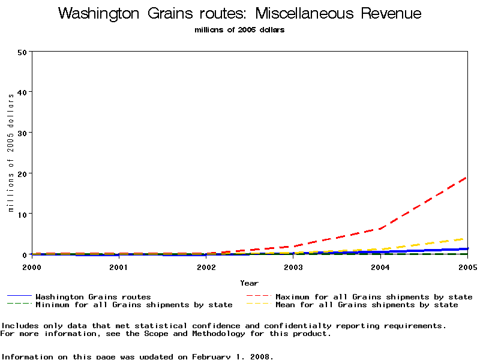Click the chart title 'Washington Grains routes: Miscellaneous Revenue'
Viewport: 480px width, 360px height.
point(239,14)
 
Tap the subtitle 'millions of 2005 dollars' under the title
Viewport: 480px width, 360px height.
point(239,30)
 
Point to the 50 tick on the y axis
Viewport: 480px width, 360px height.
point(23,52)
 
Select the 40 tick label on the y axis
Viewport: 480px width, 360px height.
point(23,92)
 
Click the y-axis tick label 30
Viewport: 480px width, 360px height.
point(23,133)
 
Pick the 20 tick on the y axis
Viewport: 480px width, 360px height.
point(23,173)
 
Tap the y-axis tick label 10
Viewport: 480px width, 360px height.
point(23,214)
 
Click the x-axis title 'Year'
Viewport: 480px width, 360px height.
point(249,283)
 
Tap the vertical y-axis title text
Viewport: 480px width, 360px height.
point(11,153)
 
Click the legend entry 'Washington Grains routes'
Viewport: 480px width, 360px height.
point(93,296)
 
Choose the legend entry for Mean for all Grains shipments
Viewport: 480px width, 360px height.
point(367,305)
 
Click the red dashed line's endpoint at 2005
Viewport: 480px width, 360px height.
point(467,177)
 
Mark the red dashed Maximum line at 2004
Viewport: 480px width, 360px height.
point(380,229)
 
